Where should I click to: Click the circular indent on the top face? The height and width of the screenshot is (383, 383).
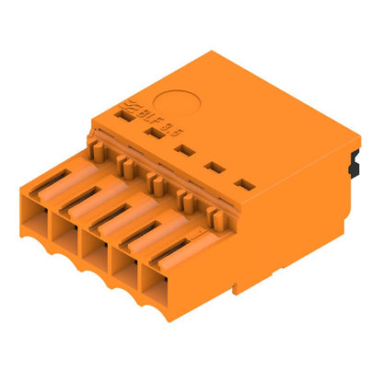click(x=172, y=105)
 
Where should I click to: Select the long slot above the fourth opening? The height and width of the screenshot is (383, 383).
click(x=144, y=236)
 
